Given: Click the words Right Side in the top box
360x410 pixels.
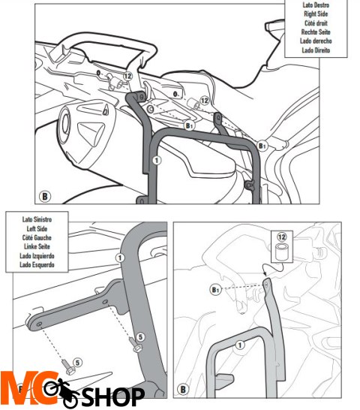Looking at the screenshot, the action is coord(316,14).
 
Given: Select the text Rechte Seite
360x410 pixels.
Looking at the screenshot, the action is coord(316,32).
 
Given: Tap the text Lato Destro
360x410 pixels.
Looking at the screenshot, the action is coord(316,5).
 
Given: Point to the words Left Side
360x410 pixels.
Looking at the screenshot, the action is coord(37,229).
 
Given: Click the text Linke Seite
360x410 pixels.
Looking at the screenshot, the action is coord(37,246).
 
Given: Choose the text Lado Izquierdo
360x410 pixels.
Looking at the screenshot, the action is coord(37,256).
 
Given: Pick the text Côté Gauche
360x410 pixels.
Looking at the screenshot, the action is coord(37,238).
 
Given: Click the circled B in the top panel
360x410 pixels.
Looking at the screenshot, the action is coord(45,197).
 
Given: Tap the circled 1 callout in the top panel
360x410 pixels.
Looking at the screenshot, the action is coord(157,160).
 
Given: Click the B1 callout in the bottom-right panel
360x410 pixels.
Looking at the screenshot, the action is coord(215,290).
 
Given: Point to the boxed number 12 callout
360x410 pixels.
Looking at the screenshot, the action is coord(281,237).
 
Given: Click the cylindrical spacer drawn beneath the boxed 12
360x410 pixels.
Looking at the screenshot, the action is coord(282,252).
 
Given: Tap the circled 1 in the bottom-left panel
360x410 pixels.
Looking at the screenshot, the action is coord(120,258).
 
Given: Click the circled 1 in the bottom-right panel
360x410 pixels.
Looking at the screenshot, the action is coord(240,345).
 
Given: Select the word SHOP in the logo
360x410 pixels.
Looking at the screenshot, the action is coord(112,396).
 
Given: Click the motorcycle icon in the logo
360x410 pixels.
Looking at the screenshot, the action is coord(62,392).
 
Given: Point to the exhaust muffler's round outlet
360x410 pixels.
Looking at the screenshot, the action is coord(64,123).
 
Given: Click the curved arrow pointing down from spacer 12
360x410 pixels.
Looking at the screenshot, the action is coord(273,267).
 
